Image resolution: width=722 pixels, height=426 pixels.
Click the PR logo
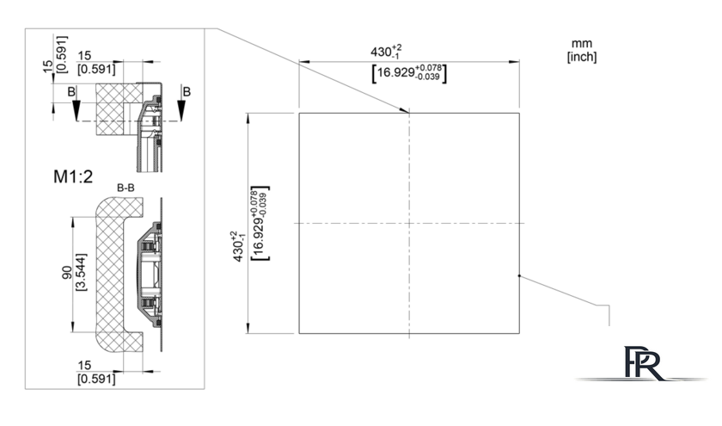[x=642, y=363]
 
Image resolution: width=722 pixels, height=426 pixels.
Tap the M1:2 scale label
[x=73, y=176]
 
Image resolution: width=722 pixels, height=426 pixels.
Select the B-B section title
[x=125, y=188]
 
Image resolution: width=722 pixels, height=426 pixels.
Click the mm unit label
[x=582, y=44]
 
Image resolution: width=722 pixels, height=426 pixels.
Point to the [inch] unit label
[x=582, y=57]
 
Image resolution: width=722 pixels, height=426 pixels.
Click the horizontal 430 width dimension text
[x=386, y=51]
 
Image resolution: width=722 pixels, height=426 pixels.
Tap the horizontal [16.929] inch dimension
[x=409, y=73]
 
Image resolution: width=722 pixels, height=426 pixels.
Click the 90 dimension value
[x=67, y=273]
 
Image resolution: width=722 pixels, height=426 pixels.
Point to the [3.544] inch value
[x=80, y=272]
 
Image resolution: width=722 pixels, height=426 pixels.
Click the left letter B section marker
[x=71, y=92]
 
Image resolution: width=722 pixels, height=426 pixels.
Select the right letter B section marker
[x=187, y=92]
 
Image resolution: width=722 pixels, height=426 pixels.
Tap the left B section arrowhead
[x=76, y=110]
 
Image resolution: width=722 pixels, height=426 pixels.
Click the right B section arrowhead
[x=182, y=110]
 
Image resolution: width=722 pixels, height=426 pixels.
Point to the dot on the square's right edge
[x=519, y=276]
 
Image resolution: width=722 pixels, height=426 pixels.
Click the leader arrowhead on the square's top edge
[x=404, y=110]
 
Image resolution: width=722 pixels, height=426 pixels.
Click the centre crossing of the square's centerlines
[x=409, y=224]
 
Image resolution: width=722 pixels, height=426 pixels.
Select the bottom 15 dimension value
[x=85, y=365]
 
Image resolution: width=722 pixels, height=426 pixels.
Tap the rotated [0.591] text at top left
[x=61, y=54]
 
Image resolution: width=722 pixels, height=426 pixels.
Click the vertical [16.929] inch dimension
[x=260, y=223]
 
